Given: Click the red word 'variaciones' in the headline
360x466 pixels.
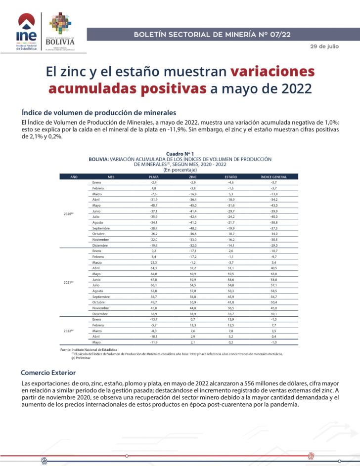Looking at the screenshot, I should click(272, 71).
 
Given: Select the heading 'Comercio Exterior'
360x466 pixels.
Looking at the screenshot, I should click(47, 372).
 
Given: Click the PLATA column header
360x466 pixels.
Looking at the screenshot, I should click(154, 177).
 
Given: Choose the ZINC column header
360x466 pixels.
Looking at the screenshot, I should click(192, 177).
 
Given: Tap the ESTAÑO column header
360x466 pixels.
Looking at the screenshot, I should click(231, 177).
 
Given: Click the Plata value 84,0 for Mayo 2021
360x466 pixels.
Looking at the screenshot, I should click(154, 273).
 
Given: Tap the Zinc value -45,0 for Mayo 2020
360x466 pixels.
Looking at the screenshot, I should click(192, 205).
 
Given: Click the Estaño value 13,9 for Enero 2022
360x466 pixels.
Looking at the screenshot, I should click(231, 319).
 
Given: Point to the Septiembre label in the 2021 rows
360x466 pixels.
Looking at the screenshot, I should click(101, 297).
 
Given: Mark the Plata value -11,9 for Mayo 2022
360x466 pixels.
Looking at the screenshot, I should click(154, 342).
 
